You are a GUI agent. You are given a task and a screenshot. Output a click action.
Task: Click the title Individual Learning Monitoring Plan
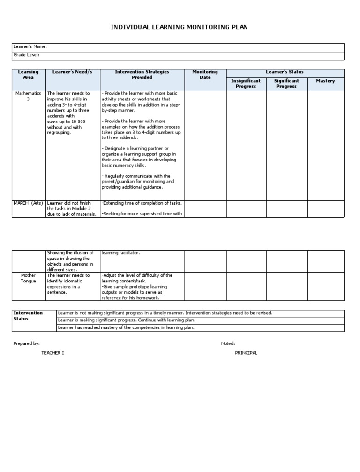click(179, 27)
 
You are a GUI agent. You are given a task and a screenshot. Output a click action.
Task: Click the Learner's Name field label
click(30, 47)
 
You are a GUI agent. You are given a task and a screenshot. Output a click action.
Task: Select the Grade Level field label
click(26, 55)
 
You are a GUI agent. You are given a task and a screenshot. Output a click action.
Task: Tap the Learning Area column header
click(28, 75)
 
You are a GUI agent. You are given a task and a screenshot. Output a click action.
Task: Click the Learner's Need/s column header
click(73, 72)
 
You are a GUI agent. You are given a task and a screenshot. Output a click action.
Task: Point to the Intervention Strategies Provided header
click(142, 75)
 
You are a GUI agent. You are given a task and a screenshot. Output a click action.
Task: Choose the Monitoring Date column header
click(205, 75)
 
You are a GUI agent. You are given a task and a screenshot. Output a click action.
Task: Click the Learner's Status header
click(285, 72)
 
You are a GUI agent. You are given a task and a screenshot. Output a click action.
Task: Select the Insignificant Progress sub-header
click(246, 84)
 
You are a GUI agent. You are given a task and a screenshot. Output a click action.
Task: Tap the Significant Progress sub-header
click(286, 84)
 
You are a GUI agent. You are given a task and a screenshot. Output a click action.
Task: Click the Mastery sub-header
click(325, 81)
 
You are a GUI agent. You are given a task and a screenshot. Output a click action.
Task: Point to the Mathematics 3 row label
click(28, 96)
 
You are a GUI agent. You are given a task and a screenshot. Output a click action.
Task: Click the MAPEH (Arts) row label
click(28, 203)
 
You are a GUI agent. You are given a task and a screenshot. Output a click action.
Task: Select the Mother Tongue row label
click(28, 278)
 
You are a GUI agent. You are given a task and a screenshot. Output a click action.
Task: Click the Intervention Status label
click(28, 316)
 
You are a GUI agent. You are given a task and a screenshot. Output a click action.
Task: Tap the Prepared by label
click(27, 344)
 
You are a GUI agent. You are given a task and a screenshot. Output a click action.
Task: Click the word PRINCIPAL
click(246, 353)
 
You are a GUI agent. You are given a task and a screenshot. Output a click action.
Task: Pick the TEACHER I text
click(53, 353)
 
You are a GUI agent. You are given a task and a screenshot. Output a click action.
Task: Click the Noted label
click(228, 344)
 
